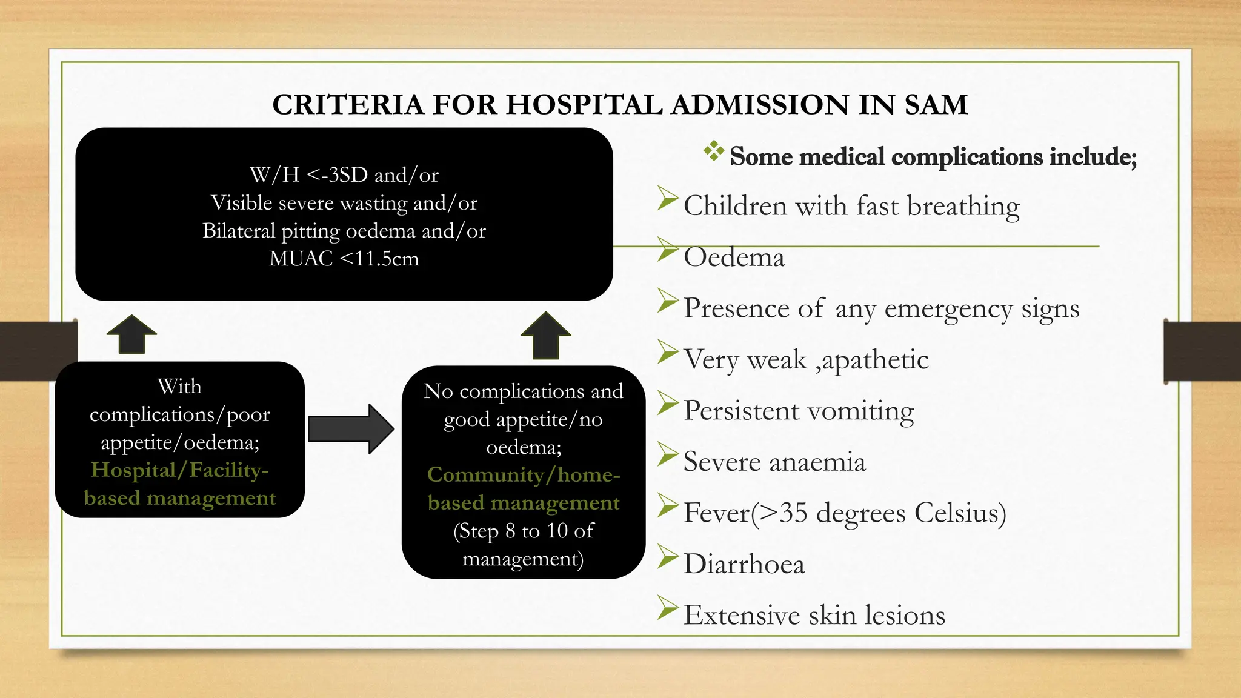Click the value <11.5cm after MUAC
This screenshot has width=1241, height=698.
point(379,259)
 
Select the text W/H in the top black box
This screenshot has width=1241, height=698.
point(274,175)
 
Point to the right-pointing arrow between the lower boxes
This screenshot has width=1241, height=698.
point(351,429)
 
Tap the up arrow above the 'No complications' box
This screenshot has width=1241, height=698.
point(545,336)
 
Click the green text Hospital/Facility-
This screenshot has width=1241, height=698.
point(180,470)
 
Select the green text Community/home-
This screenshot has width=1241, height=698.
point(524,475)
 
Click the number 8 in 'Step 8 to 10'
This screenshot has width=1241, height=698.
point(510,531)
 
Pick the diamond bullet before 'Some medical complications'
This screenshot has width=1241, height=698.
point(714,151)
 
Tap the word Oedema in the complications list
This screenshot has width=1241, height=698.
point(734,258)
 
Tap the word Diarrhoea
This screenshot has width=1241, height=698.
point(744,565)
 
